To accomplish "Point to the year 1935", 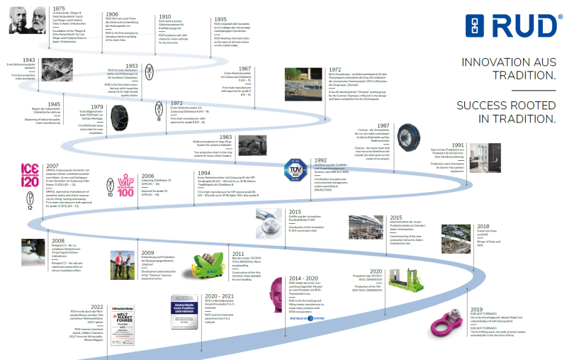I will tap(221, 20).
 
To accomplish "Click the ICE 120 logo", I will tap(12, 174).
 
